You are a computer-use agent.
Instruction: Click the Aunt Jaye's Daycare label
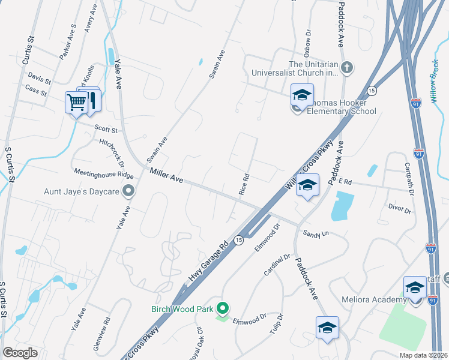82,193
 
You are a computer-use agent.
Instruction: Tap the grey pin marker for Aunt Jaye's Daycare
128,191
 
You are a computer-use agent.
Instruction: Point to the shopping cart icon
76,103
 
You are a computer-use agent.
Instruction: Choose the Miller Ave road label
166,176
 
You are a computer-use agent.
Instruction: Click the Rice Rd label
244,185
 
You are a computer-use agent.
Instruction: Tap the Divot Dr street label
399,211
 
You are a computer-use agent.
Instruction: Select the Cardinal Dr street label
277,265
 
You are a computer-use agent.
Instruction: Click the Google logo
20,353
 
